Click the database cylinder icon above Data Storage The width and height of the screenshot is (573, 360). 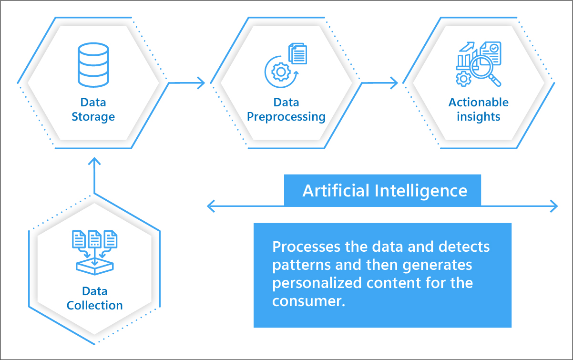pyautogui.click(x=93, y=65)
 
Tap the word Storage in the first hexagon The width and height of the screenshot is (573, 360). pyautogui.click(x=93, y=117)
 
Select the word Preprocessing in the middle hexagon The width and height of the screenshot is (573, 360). pyautogui.click(x=286, y=117)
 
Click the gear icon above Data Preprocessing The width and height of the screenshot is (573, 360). pyautogui.click(x=281, y=72)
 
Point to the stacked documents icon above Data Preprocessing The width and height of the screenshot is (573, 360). pyautogui.click(x=298, y=53)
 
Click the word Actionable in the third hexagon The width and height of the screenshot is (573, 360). pyautogui.click(x=479, y=103)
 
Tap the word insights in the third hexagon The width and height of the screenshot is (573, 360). pyautogui.click(x=479, y=117)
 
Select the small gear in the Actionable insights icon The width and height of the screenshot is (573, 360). pyautogui.click(x=463, y=79)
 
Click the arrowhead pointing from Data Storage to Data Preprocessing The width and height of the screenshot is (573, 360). pyautogui.click(x=201, y=83)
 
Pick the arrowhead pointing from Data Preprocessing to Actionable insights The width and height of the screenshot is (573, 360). pyautogui.click(x=394, y=83)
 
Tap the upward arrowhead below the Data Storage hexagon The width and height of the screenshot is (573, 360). pyautogui.click(x=94, y=161)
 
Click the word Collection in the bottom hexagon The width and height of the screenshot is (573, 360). pyautogui.click(x=95, y=306)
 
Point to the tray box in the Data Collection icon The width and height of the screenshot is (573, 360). pyautogui.click(x=95, y=267)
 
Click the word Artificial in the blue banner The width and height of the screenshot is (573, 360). pyautogui.click(x=336, y=191)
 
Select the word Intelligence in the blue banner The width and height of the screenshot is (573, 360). pyautogui.click(x=421, y=191)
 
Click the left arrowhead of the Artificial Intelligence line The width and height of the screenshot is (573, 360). pyautogui.click(x=211, y=206)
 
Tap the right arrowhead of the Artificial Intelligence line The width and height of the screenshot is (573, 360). pyautogui.click(x=554, y=206)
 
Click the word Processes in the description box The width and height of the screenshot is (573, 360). pyautogui.click(x=306, y=247)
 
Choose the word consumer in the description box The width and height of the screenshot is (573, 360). pyautogui.click(x=308, y=301)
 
